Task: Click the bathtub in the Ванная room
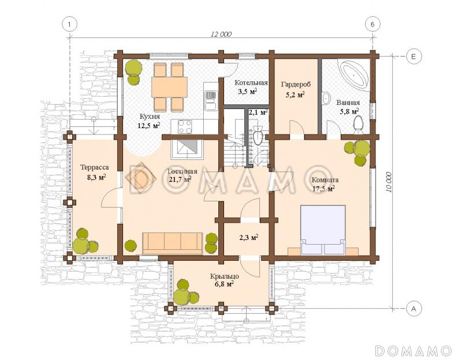355,74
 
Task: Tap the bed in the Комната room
323,230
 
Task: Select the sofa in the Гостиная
172,243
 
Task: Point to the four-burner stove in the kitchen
185,126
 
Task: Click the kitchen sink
210,100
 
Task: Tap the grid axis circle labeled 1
69,24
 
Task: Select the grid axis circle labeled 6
372,24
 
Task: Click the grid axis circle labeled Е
413,56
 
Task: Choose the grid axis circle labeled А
413,309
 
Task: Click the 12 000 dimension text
221,34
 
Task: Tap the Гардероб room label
296,84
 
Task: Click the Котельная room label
251,82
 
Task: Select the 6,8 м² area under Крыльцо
224,284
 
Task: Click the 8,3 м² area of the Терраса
96,177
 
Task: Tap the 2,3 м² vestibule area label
249,237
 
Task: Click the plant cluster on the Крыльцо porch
185,292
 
